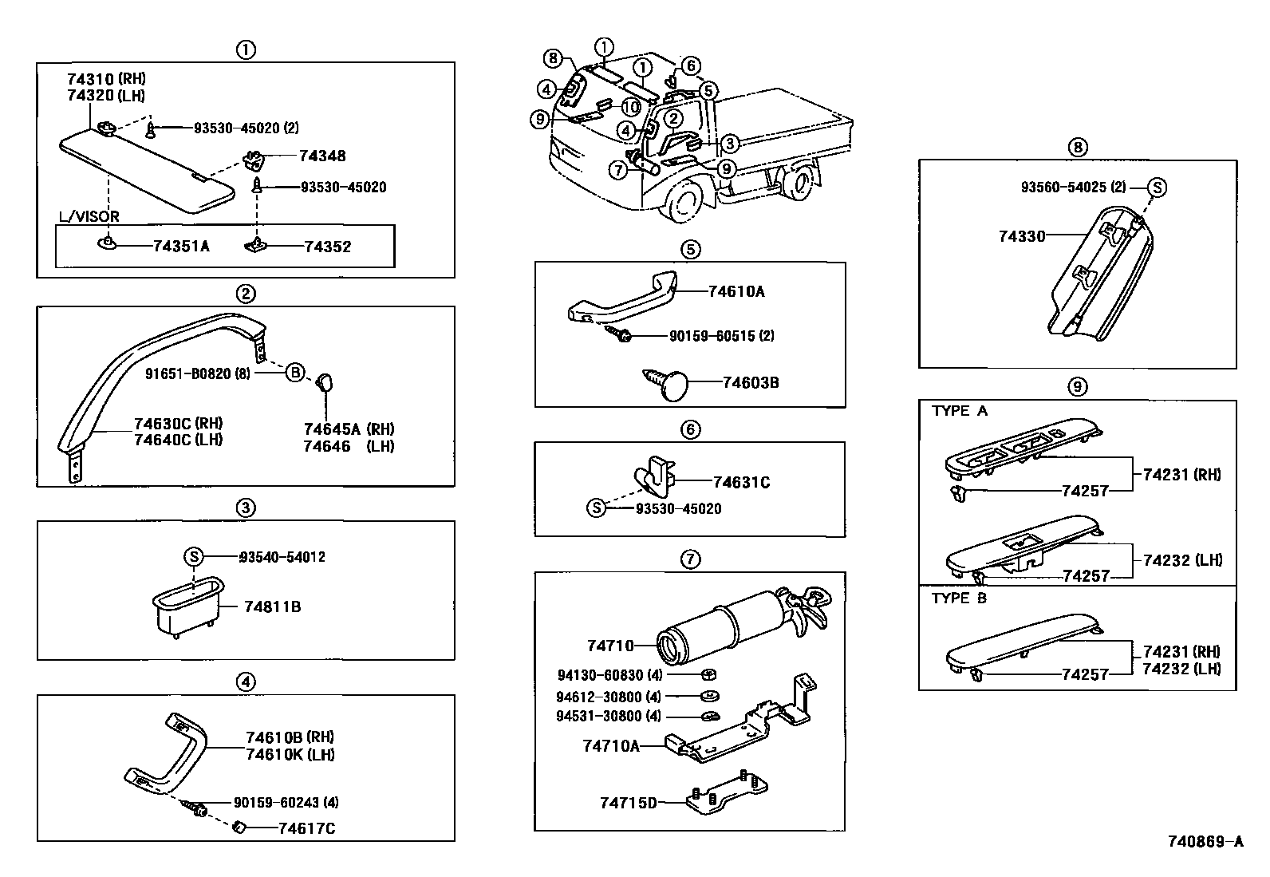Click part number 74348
[x=322, y=156]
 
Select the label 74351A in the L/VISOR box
[x=181, y=247]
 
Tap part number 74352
[x=327, y=247]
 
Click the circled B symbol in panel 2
[x=295, y=372]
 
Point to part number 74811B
[x=273, y=607]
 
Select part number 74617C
[x=306, y=828]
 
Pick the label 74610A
[x=736, y=292]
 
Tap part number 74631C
[x=741, y=482]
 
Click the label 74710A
[x=611, y=745]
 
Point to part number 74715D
[x=629, y=802]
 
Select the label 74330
[x=1021, y=236]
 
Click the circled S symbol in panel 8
[x=1157, y=188]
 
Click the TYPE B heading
[x=959, y=598]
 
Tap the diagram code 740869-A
[x=1205, y=841]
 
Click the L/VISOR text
[x=90, y=216]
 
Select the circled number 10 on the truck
[x=631, y=108]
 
